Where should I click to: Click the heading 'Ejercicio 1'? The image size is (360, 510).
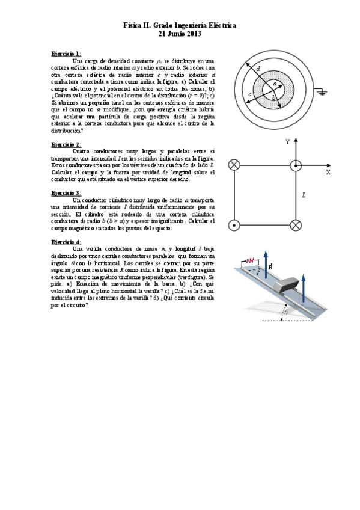pyautogui.click(x=66, y=54)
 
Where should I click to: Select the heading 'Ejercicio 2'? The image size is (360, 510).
pyautogui.click(x=66, y=144)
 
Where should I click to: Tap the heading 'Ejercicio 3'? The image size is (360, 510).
pyautogui.click(x=66, y=192)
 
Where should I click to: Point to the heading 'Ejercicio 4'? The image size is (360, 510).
pyautogui.click(x=66, y=241)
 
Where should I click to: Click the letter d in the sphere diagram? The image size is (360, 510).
pyautogui.click(x=258, y=70)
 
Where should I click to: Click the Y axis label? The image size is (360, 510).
pyautogui.click(x=288, y=142)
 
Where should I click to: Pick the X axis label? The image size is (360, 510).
pyautogui.click(x=328, y=172)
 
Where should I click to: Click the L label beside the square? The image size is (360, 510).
pyautogui.click(x=304, y=195)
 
